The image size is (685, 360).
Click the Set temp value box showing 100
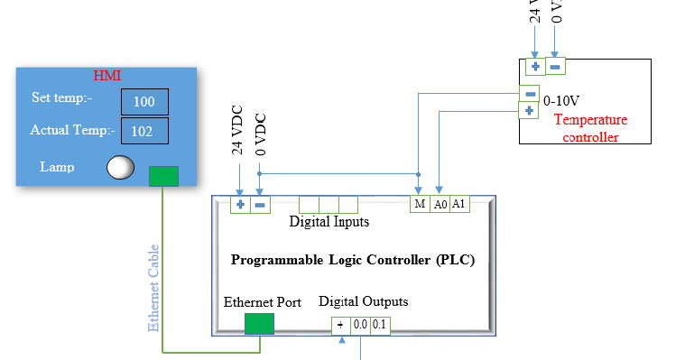tap(144, 102)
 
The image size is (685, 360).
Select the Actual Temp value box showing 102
tap(143, 131)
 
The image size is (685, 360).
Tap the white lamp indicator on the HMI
tap(121, 167)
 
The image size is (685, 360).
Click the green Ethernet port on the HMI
tap(163, 176)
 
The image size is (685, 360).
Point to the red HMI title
tap(107, 76)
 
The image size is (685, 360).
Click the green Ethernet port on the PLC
tap(259, 323)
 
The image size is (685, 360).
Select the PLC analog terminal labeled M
tap(420, 205)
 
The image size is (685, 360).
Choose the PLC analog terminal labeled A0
tap(440, 205)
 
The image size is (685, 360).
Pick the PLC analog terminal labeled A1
tap(459, 205)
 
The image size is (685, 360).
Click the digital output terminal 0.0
tap(360, 325)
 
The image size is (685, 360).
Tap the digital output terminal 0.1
tap(379, 325)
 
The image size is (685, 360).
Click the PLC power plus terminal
tap(240, 206)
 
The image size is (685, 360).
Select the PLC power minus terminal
tap(259, 206)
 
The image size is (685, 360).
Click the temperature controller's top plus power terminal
tap(535, 66)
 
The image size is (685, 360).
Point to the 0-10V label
tap(561, 102)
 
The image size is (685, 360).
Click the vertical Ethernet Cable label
tap(154, 287)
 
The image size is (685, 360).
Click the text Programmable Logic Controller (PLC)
tap(353, 260)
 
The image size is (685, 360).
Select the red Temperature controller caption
tap(591, 128)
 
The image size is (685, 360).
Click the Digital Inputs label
tap(329, 221)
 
